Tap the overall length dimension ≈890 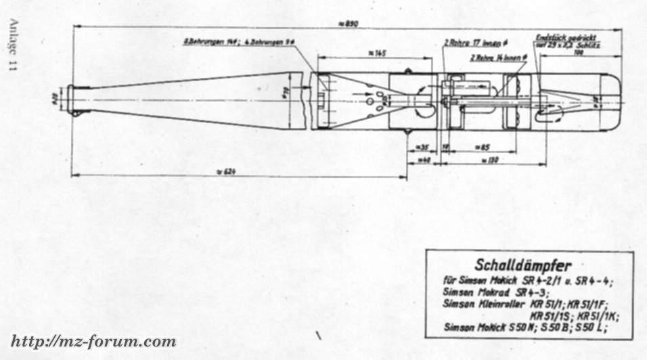pyautogui.click(x=349, y=24)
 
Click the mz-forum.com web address pyautogui.click(x=93, y=340)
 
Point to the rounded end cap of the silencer pyautogui.click(x=612, y=102)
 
